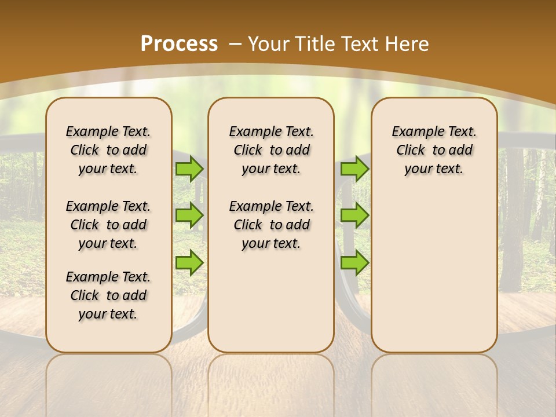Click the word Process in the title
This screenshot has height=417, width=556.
[179, 44]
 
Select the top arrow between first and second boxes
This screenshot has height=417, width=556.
[189, 169]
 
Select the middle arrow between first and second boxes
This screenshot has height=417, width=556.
[189, 215]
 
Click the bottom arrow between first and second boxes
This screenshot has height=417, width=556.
[189, 262]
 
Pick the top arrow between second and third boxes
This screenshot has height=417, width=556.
[354, 169]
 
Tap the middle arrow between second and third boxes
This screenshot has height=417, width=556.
[354, 215]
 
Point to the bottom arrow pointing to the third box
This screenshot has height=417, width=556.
[354, 262]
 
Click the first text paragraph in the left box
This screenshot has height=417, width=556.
[108, 150]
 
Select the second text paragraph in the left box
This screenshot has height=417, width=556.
[108, 225]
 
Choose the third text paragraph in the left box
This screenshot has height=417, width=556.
[108, 295]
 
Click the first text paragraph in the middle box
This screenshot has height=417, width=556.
[271, 150]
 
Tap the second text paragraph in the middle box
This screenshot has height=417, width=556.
[271, 225]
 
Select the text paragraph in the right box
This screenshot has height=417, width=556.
[434, 150]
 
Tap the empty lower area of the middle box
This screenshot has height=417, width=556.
[271, 301]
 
